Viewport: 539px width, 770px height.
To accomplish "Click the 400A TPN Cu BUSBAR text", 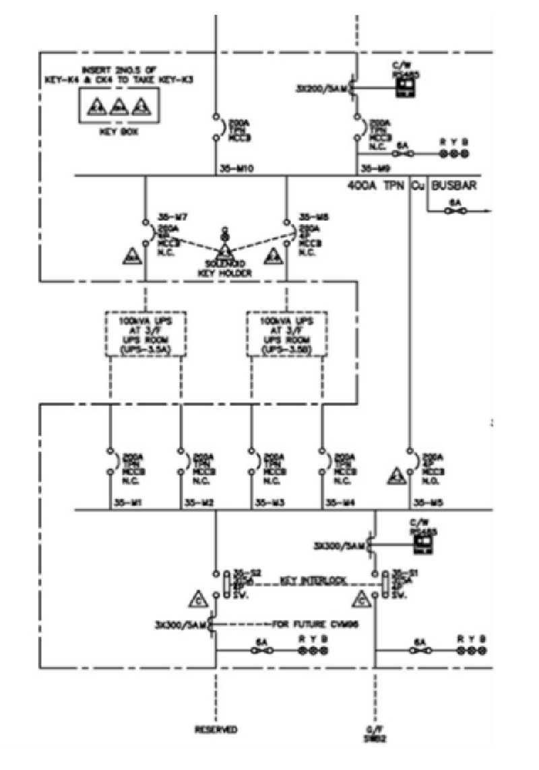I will [x=412, y=184].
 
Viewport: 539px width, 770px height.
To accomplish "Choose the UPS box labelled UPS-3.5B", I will [x=287, y=334].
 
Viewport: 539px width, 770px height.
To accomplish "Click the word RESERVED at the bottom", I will [x=216, y=730].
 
